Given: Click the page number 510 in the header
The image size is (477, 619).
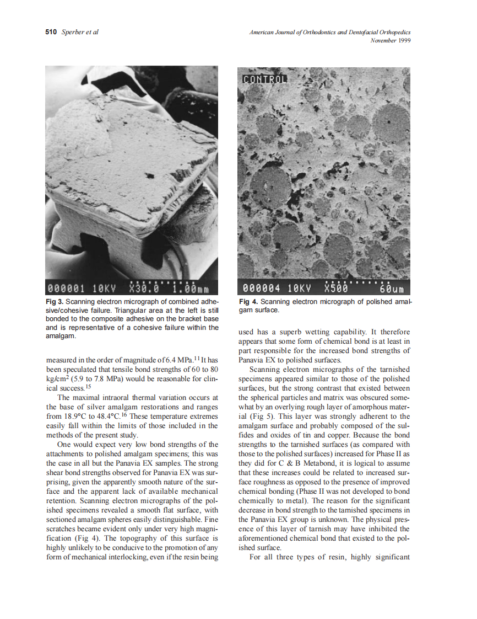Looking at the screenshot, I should (x=51, y=33).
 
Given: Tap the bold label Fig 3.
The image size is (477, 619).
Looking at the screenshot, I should (x=55, y=302).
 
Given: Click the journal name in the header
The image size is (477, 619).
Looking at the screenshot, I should (x=330, y=33).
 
